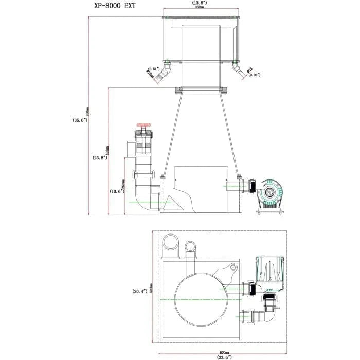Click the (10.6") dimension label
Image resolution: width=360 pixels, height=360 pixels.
pos(116,191)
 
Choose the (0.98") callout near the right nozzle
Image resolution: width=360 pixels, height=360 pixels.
pos(253,75)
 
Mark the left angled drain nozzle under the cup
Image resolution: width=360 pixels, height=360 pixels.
pos(163,76)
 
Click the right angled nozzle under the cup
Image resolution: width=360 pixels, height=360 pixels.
pos(237,71)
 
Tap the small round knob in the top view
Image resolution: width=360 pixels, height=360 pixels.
pos(232,268)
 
